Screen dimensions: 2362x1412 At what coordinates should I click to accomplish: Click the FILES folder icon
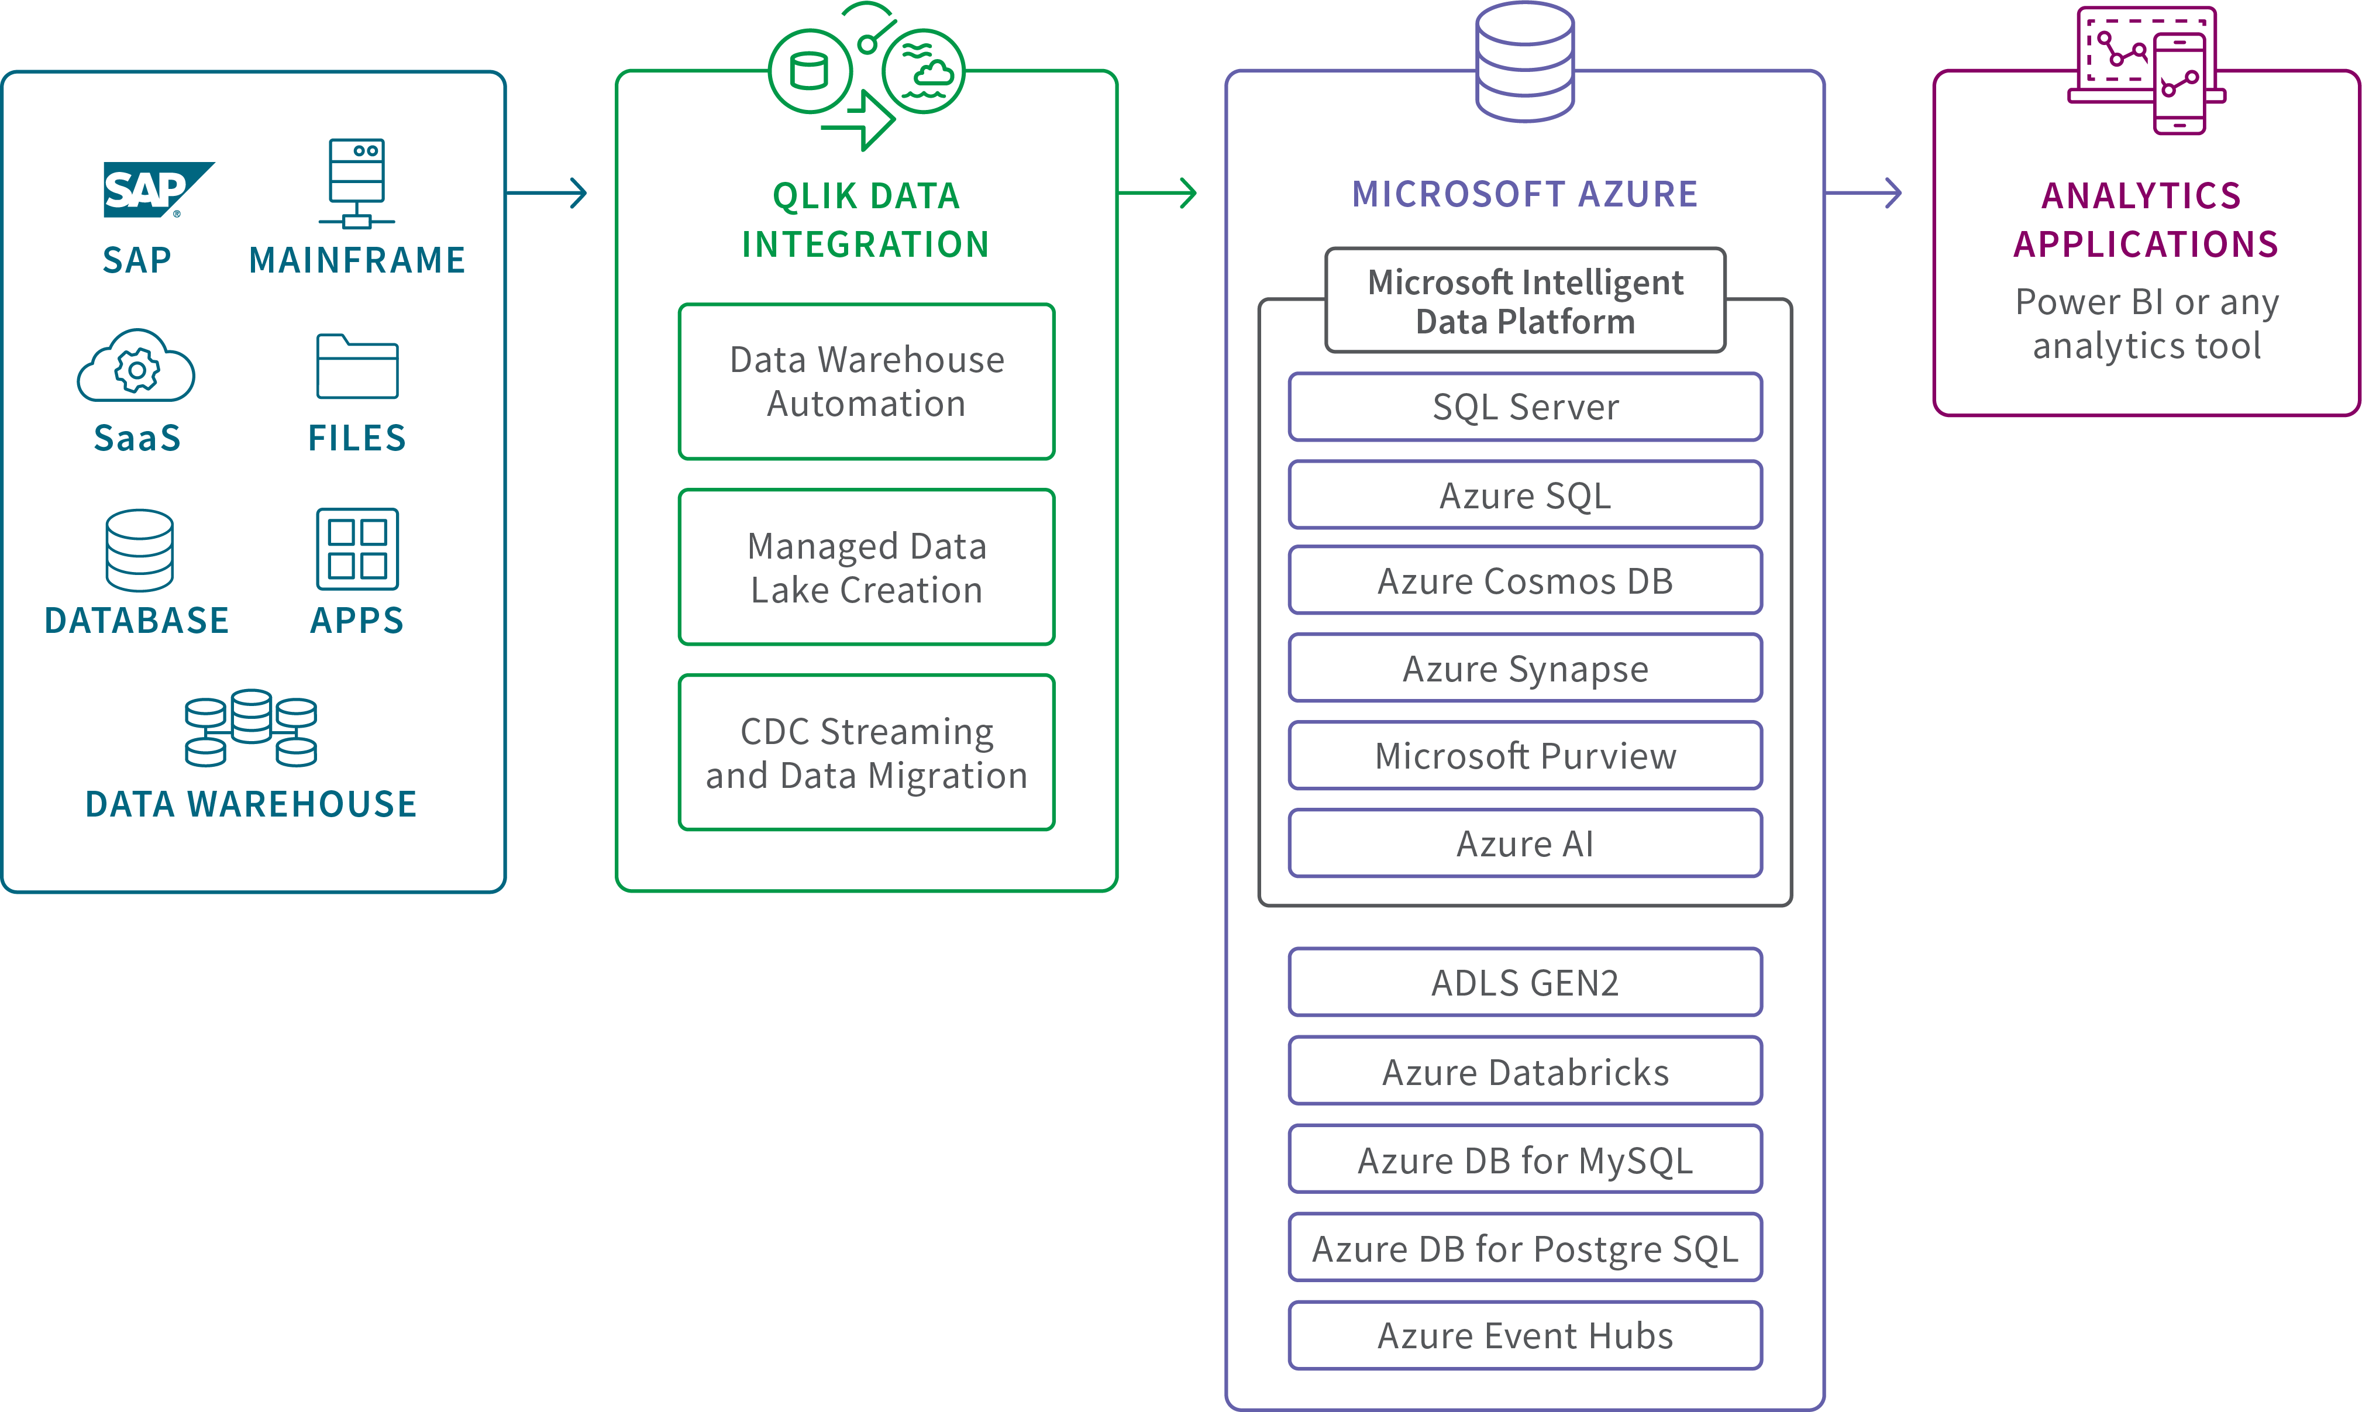357,366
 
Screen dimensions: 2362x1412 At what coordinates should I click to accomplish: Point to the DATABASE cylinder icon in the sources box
140,550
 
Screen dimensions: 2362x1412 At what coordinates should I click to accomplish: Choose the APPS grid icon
357,549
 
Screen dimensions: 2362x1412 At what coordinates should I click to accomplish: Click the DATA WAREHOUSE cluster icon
251,728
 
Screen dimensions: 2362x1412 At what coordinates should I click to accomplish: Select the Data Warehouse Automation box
867,381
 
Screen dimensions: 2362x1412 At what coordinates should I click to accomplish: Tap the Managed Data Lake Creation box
867,567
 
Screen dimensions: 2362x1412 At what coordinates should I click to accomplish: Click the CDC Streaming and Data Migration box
867,753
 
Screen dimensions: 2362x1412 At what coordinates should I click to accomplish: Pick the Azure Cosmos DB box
1525,580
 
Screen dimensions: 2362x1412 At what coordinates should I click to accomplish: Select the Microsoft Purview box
1525,756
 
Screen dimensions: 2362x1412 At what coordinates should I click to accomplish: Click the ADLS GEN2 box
1525,982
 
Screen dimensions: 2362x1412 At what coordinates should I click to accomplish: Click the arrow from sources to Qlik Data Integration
547,193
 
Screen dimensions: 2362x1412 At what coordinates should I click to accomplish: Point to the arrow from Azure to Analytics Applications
1862,193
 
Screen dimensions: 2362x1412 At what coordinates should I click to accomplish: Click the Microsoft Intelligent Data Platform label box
1525,301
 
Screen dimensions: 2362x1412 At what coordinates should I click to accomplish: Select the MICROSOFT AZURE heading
1525,194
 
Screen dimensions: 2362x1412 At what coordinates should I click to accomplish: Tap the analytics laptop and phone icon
2147,70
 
